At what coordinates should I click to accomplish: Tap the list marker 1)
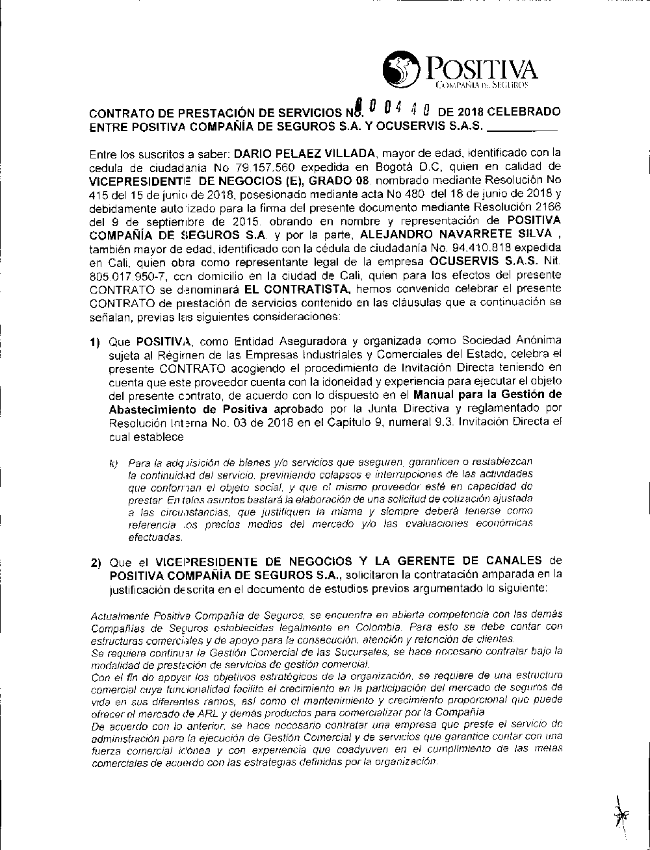[x=96, y=342]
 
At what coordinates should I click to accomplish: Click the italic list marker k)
[x=115, y=463]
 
